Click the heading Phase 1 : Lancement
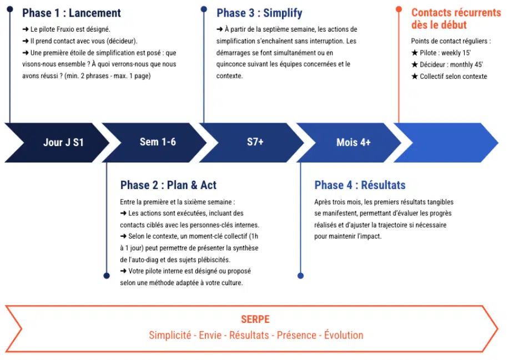coord(72,13)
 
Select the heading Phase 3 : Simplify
coord(259,13)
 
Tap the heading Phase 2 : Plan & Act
coord(168,185)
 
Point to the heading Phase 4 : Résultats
coord(360,185)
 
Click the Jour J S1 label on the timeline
coord(64,143)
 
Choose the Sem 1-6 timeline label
coord(158,142)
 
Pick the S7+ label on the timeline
coord(255,142)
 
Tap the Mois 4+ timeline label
coord(354,143)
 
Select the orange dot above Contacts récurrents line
coord(399,9)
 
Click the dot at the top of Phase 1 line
coord(10,9)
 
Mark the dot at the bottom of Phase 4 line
coord(301,276)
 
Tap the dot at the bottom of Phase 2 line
coord(107,276)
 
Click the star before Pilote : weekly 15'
coord(415,53)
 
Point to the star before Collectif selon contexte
coord(415,77)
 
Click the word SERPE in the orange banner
coord(255,320)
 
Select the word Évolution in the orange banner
coord(344,335)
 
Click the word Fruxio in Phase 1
coord(67,29)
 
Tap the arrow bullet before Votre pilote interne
coord(123,271)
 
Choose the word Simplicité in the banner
coord(170,335)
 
